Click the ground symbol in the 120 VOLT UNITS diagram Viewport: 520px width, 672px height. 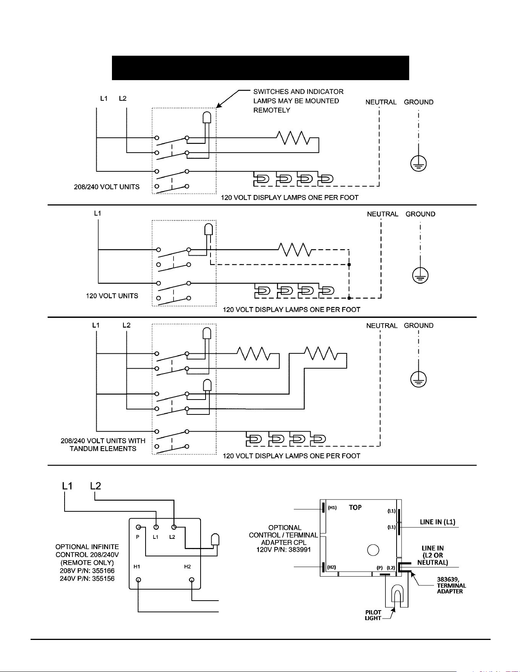click(x=420, y=276)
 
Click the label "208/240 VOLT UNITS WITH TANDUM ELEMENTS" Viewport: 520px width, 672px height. click(x=103, y=445)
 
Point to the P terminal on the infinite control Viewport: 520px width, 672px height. click(x=138, y=527)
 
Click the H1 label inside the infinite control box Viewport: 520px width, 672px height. click(x=136, y=567)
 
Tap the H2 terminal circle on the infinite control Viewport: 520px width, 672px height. click(x=192, y=580)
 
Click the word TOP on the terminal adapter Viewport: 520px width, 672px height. click(x=355, y=508)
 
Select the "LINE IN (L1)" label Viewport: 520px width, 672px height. click(x=437, y=522)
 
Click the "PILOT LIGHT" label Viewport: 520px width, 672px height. click(x=373, y=615)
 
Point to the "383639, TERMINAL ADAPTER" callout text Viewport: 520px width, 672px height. click(x=451, y=585)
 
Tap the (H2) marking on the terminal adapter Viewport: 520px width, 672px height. click(x=332, y=567)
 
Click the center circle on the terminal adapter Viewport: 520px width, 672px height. click(x=373, y=550)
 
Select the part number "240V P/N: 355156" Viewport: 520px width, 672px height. click(x=87, y=579)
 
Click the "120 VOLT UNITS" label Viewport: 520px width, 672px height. click(x=112, y=296)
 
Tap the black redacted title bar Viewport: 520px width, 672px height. click(x=260, y=68)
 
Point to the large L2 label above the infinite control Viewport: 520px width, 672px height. click(x=96, y=486)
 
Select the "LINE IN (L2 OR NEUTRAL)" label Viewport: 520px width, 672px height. click(x=433, y=555)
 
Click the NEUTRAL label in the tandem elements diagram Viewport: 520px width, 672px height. click(x=382, y=326)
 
